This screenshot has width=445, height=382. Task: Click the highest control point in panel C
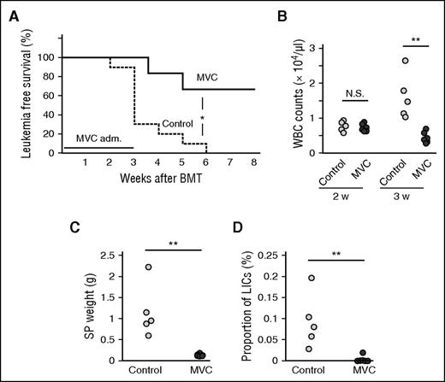click(x=148, y=267)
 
